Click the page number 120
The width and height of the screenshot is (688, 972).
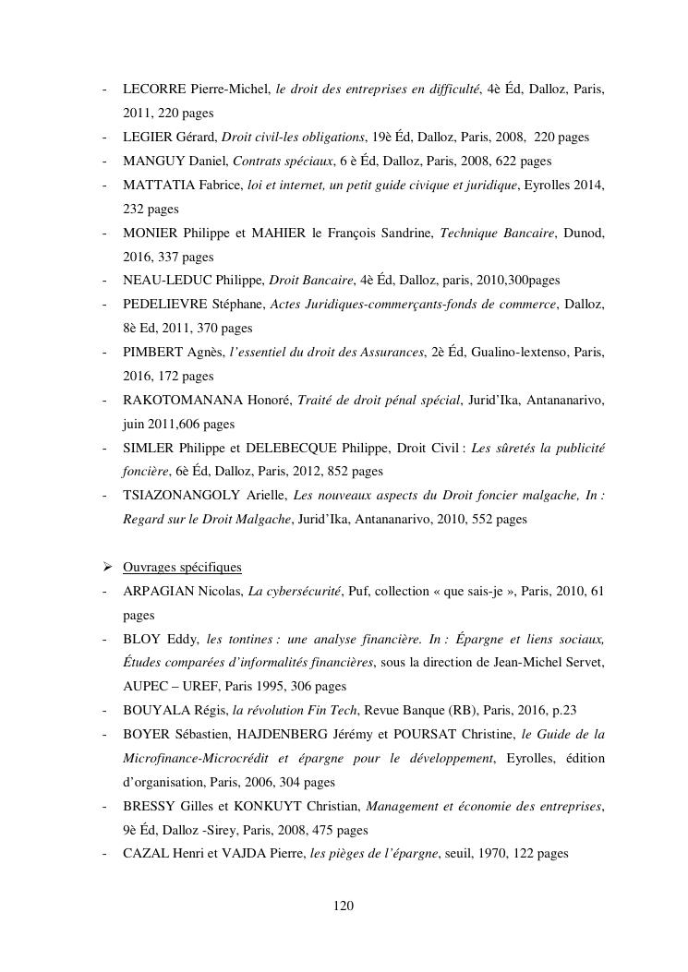[344, 906]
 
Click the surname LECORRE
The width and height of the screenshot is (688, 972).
[154, 89]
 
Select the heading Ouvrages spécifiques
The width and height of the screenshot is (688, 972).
[182, 567]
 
